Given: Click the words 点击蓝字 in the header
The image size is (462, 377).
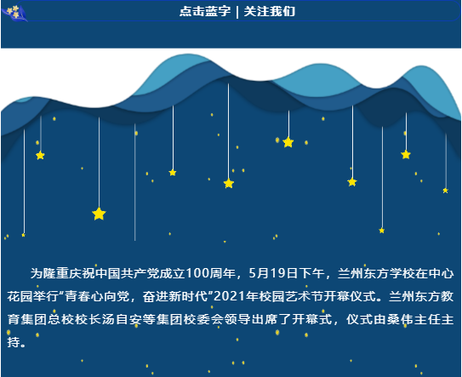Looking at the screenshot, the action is click(205, 11).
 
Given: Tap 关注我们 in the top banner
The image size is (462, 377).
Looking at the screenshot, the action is click(270, 11).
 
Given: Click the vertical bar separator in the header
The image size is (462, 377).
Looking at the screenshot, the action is click(237, 12).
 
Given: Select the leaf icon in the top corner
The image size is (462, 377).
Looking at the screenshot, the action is click(14, 13).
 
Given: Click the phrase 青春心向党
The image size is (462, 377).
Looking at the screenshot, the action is click(97, 296).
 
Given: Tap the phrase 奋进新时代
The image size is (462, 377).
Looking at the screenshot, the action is click(175, 296).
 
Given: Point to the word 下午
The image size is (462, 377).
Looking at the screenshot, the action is click(311, 273).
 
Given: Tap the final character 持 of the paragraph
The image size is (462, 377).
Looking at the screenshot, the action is click(14, 342).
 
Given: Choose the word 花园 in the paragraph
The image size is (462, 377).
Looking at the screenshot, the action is click(20, 296).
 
